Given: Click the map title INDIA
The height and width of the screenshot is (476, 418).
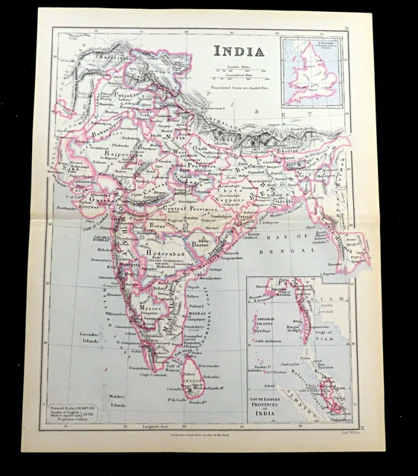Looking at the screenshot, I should tap(238, 51).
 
